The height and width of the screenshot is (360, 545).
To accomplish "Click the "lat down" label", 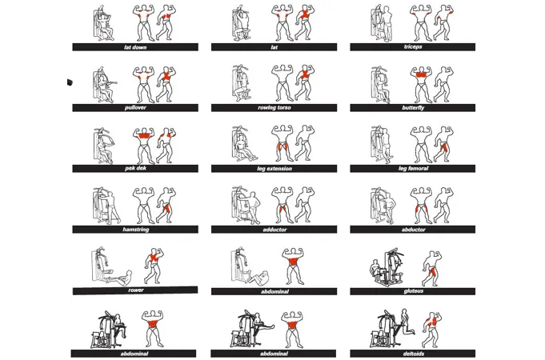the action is pyautogui.click(x=135, y=47).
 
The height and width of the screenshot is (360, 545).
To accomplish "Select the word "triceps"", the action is pyautogui.click(x=413, y=46).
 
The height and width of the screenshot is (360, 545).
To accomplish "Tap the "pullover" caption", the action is pyautogui.click(x=135, y=108).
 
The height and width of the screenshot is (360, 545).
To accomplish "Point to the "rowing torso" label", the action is pyautogui.click(x=275, y=108).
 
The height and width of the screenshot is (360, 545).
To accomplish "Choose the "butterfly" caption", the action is pyautogui.click(x=413, y=108).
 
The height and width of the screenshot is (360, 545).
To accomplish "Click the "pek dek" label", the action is pyautogui.click(x=135, y=168).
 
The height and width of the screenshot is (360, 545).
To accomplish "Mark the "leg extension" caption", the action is pyautogui.click(x=275, y=169).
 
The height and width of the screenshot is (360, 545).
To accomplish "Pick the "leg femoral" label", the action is pyautogui.click(x=413, y=169).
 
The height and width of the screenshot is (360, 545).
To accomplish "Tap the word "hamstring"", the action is pyautogui.click(x=135, y=230).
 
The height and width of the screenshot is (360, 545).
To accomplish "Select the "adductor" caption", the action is pyautogui.click(x=275, y=230).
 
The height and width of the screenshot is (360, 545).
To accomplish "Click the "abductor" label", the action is pyautogui.click(x=413, y=230).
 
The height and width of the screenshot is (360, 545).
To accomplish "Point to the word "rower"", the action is pyautogui.click(x=135, y=290).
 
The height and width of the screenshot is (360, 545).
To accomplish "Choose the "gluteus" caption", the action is pyautogui.click(x=413, y=291).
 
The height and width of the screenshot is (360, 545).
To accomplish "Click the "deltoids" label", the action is pyautogui.click(x=413, y=354).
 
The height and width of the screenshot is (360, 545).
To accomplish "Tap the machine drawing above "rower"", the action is pyautogui.click(x=111, y=266).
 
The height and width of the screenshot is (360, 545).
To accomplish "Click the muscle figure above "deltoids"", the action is pyautogui.click(x=432, y=330).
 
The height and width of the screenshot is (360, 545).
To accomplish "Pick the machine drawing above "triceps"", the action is pyautogui.click(x=382, y=23).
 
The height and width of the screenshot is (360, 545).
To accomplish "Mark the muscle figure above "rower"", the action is pyautogui.click(x=154, y=266).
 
